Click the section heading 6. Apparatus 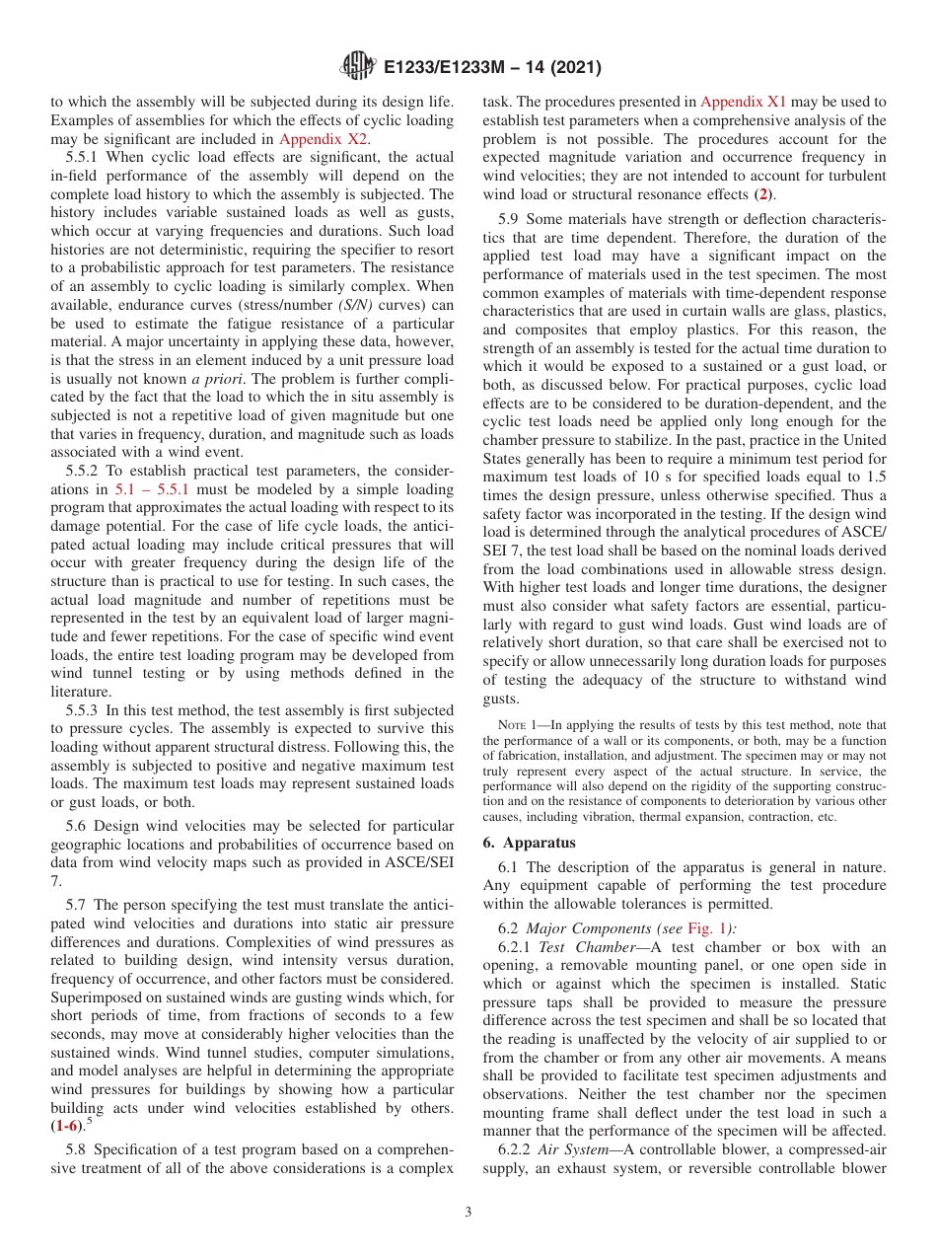(531, 843)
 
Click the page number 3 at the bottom (468, 1213)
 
